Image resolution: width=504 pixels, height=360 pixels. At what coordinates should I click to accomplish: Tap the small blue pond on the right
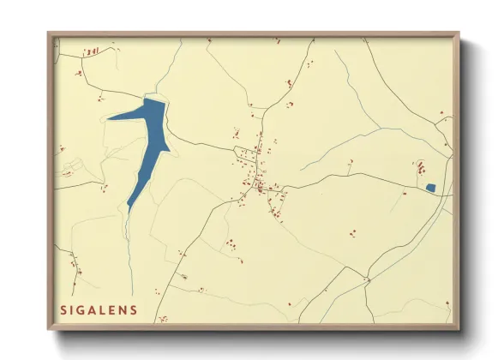(430, 187)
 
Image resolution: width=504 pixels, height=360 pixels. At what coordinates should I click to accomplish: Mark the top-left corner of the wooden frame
(49, 34)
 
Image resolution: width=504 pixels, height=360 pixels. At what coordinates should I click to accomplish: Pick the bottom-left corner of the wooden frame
(49, 329)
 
